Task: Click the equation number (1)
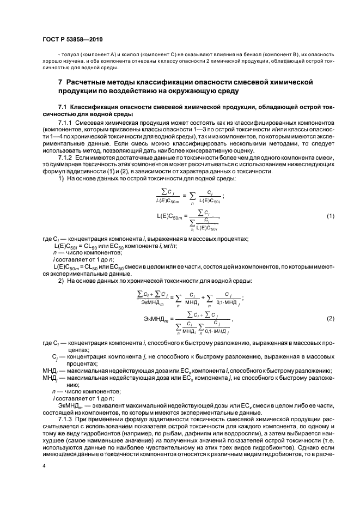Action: tap(330, 216)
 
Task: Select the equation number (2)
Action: tap(330, 318)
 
